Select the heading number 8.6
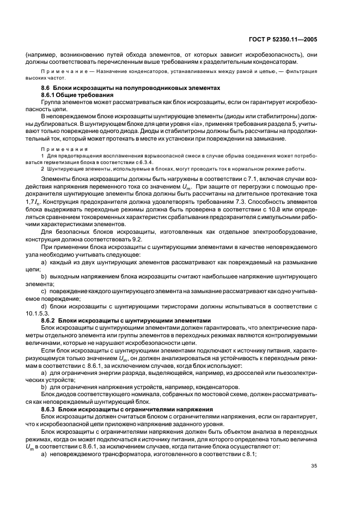[x=47, y=88]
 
